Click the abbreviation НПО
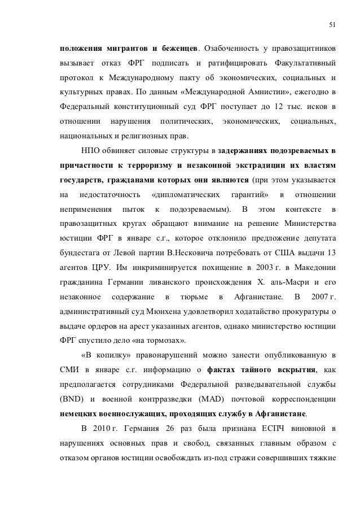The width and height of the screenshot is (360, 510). coord(90,152)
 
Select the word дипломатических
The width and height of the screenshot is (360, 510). coord(186,198)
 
